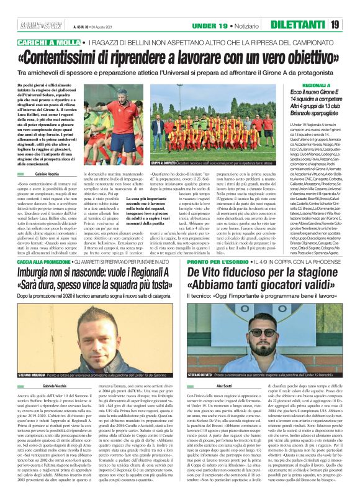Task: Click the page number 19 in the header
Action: (351, 25)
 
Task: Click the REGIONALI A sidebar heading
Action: (320, 83)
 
